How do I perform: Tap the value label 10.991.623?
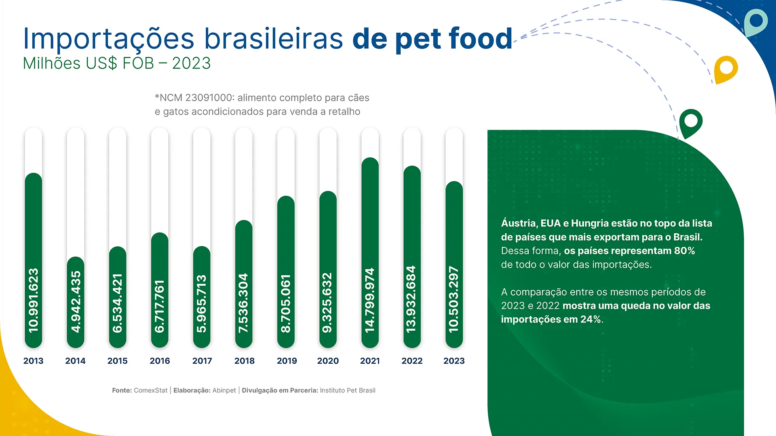point(34,300)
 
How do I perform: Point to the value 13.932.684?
point(411,299)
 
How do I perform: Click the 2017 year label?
point(202,361)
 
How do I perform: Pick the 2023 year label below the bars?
point(454,361)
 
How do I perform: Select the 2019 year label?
point(287,361)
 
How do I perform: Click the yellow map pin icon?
point(726,68)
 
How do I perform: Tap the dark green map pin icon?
point(691,122)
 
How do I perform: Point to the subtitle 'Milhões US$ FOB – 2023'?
point(117,63)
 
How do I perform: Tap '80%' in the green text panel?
point(684,251)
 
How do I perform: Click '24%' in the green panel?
point(591,319)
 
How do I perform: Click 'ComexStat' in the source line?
point(150,390)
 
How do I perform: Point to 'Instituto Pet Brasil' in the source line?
point(348,390)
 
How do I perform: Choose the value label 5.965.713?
point(202,304)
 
